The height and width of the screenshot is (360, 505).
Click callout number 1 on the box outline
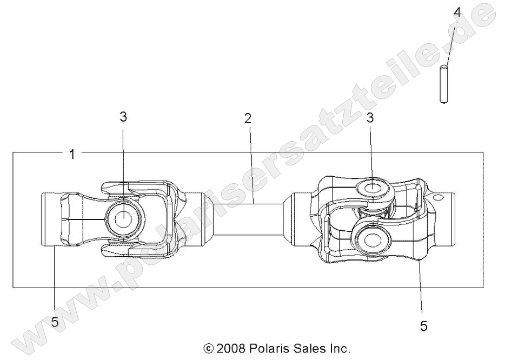point(72,155)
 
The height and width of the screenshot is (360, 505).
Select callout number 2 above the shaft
point(248,118)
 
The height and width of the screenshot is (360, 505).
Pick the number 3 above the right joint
point(370,118)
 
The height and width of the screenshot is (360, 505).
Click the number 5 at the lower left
point(55,322)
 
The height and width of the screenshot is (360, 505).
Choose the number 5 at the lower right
point(424,325)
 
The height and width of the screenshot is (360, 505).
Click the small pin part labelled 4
point(443,84)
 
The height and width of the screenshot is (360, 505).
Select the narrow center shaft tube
point(248,218)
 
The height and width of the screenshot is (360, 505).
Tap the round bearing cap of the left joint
point(124,219)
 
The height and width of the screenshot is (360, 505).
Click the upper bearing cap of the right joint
point(374,190)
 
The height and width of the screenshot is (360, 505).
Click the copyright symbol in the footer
point(208,348)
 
